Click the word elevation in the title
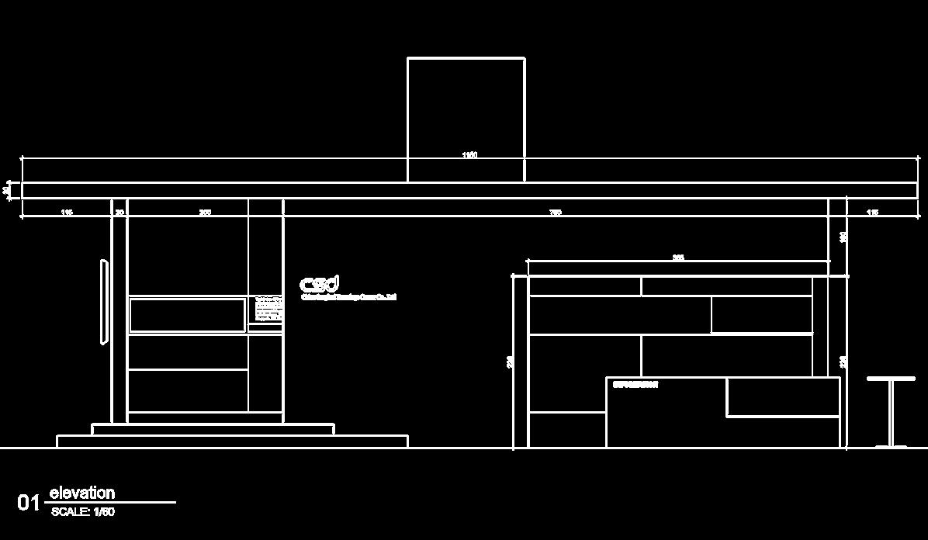click(81, 493)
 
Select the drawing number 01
click(29, 503)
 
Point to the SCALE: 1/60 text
click(83, 512)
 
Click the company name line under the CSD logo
click(348, 297)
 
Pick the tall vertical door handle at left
click(102, 302)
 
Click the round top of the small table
click(891, 379)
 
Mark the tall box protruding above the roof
click(466, 109)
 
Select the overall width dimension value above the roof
click(469, 155)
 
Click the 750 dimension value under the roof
click(556, 213)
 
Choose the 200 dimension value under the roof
click(205, 213)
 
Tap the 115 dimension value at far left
click(67, 213)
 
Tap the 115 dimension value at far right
click(872, 213)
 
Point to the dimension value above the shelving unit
click(678, 258)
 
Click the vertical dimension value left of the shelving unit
click(510, 362)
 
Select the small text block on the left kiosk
click(268, 309)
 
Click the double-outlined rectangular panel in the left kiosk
click(187, 315)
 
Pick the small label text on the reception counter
click(635, 385)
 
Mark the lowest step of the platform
click(232, 441)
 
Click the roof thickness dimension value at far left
click(7, 189)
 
